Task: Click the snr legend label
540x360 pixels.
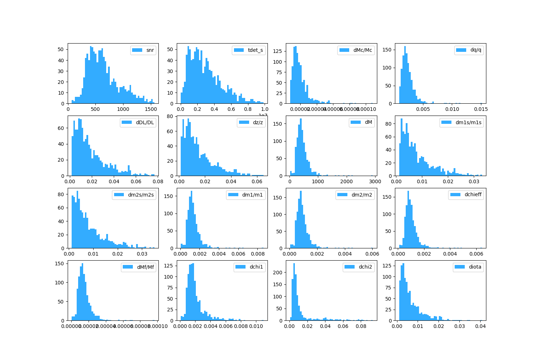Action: (x=150, y=50)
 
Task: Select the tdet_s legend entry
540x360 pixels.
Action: (x=255, y=50)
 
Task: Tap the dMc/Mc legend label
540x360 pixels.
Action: (x=363, y=50)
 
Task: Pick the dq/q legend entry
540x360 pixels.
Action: (x=476, y=50)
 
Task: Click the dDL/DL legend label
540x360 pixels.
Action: (x=145, y=122)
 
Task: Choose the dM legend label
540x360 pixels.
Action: (x=368, y=122)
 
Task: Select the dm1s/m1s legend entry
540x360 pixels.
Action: (x=468, y=122)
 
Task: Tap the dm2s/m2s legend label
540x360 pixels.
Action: (x=141, y=195)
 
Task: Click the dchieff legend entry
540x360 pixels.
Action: (x=473, y=195)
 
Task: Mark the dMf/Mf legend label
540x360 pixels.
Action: (x=145, y=267)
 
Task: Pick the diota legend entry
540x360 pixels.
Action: (x=475, y=267)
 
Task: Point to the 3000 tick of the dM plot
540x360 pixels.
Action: (x=375, y=182)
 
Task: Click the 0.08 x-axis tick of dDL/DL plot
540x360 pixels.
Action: (x=158, y=182)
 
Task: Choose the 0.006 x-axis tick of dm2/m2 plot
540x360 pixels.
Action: (x=372, y=254)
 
